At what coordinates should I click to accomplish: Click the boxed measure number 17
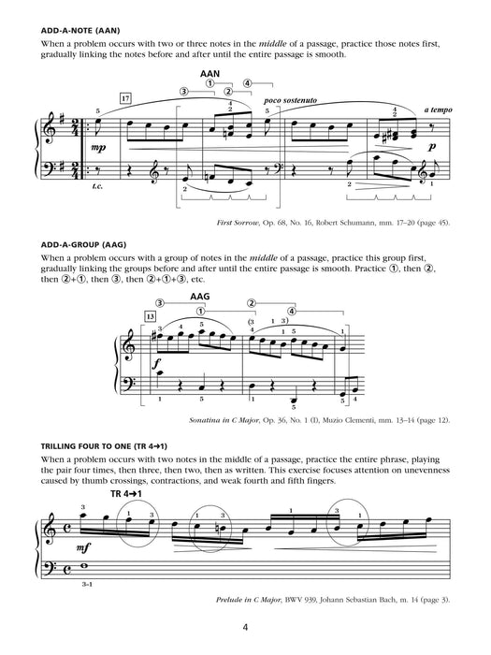126,96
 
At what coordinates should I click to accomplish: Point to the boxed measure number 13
151,317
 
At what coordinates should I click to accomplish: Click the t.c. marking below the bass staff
96,185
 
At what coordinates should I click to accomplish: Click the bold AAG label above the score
200,298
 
